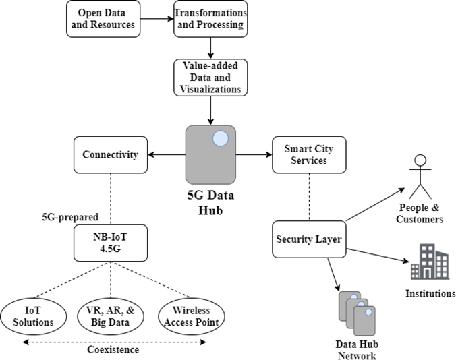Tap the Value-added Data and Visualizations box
tap(211, 78)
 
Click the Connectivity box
tap(110, 155)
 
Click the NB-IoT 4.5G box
tap(110, 242)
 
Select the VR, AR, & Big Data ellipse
tap(110, 316)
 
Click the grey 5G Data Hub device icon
tap(210, 154)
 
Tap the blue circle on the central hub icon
tap(221, 140)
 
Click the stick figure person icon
tap(420, 175)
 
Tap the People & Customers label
tap(420, 212)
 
